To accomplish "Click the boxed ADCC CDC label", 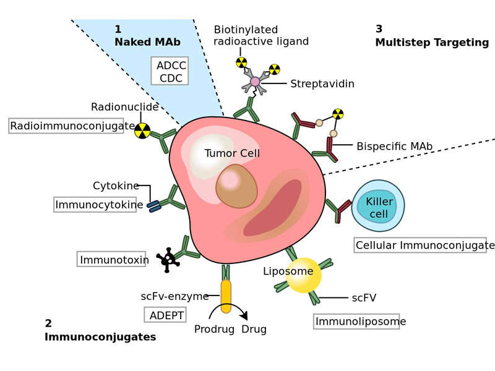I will pos(170,71).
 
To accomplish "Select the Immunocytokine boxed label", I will pos(95,205).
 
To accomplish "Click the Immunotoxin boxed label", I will pos(112,260).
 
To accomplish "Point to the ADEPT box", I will pos(165,315).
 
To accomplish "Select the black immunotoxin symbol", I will pos(168,260).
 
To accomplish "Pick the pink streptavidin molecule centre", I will pos(255,82).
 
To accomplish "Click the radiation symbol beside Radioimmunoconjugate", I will pos(142,130).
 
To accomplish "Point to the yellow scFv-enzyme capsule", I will pos(226,295).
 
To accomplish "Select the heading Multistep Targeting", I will pos(432,43).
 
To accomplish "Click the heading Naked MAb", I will pos(147,42).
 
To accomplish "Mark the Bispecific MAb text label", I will pos(394,147).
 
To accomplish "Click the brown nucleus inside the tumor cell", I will pos(236,185).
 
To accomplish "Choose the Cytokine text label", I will pos(114,185).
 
